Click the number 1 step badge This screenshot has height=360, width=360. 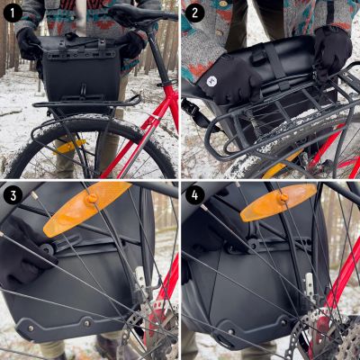13,13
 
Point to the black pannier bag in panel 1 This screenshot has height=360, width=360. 81,72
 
